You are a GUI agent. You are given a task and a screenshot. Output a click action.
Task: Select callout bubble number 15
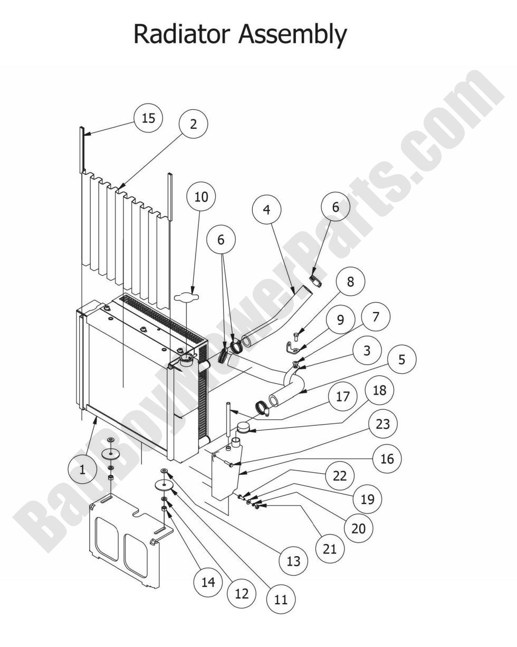148,118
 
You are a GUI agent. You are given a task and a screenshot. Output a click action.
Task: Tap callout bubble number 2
193,124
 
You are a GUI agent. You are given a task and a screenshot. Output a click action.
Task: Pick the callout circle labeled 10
201,197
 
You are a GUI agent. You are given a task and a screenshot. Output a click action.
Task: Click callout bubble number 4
266,210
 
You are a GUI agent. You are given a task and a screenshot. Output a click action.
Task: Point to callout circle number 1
82,470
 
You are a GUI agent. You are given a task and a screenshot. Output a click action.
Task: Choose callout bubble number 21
329,549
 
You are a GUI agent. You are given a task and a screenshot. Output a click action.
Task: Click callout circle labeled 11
281,599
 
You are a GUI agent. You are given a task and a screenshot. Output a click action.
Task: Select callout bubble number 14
208,582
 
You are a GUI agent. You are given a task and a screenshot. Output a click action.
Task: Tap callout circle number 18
379,390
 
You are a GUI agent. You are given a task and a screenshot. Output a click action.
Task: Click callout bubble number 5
401,360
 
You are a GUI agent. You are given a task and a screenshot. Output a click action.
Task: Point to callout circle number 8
350,282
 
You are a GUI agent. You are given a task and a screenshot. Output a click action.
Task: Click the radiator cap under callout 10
185,298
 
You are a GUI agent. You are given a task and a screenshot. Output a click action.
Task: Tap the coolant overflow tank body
225,473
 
